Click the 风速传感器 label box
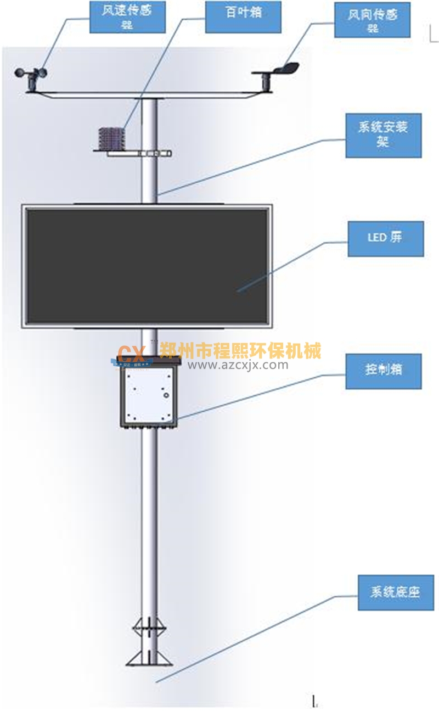[127, 17]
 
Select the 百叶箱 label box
[243, 16]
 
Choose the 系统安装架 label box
[383, 135]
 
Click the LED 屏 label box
[385, 238]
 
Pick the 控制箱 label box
[383, 371]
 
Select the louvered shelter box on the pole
[111, 138]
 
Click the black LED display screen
[147, 266]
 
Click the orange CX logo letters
[131, 352]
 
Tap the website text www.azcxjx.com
[237, 365]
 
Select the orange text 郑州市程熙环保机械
[240, 350]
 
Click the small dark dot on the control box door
[164, 393]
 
